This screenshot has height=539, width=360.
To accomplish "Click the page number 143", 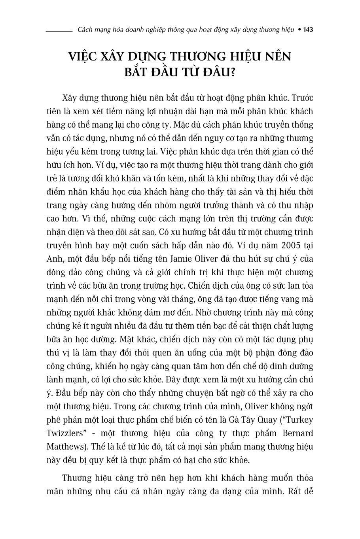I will [308, 30].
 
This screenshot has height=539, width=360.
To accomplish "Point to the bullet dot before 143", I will [299, 30].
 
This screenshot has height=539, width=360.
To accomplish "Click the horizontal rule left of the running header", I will [59, 30].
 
